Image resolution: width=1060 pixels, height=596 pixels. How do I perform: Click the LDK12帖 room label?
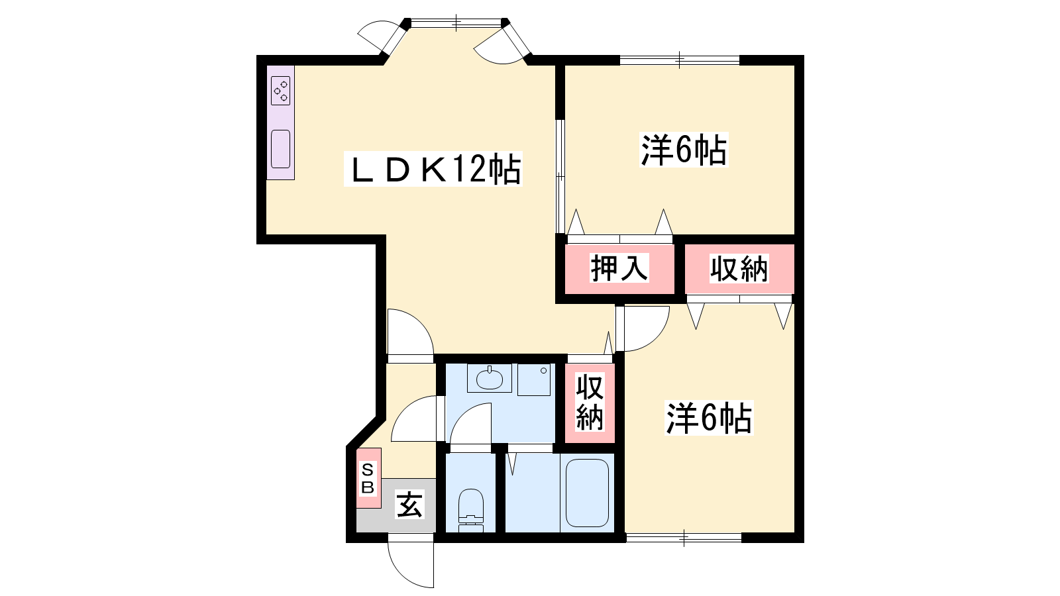(433, 169)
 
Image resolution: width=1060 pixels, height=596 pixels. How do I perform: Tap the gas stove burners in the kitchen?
(281, 90)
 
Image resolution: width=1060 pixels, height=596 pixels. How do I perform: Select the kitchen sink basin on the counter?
(281, 148)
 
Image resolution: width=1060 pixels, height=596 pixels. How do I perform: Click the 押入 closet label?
(619, 268)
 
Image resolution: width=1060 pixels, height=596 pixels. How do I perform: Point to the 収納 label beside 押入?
(739, 269)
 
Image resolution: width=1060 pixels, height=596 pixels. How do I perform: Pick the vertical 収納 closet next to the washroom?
(590, 402)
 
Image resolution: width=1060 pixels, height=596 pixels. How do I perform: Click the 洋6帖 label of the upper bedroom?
(684, 150)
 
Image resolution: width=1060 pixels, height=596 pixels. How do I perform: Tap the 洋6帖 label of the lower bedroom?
(709, 418)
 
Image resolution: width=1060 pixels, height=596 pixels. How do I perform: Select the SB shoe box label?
(368, 478)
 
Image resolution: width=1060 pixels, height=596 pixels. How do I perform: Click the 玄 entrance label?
(409, 504)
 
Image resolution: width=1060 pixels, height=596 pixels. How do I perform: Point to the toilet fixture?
(471, 511)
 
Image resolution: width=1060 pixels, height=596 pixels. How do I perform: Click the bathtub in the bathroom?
(587, 493)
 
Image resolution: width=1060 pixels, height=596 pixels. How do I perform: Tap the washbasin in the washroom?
(490, 378)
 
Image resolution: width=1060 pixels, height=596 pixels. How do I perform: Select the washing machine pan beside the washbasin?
(534, 379)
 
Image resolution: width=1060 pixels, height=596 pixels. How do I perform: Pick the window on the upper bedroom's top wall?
(680, 60)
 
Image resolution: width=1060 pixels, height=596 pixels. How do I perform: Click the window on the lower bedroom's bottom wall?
(684, 538)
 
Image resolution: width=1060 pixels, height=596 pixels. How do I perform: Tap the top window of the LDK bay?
(456, 23)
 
